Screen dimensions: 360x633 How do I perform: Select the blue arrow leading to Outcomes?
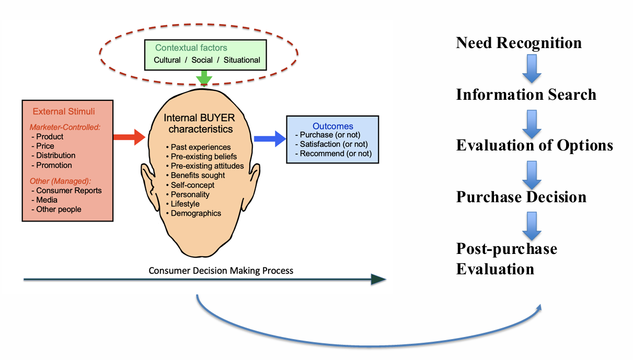click(269, 138)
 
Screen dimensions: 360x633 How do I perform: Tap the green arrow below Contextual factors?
click(204, 77)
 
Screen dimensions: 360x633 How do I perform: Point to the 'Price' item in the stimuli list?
click(45, 146)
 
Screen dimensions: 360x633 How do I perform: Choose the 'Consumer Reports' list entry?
click(68, 190)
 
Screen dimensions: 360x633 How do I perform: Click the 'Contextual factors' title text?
click(191, 48)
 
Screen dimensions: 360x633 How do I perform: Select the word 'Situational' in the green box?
click(241, 60)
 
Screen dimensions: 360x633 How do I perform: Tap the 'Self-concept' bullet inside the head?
click(192, 185)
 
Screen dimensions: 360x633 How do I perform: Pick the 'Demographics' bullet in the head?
click(195, 213)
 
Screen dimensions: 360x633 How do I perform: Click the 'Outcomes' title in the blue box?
click(332, 126)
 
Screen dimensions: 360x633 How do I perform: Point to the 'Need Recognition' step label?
click(519, 43)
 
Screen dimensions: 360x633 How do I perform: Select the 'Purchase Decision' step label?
click(521, 197)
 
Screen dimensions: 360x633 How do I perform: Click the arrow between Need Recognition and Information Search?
click(532, 68)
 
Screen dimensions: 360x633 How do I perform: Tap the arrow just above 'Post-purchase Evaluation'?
click(532, 225)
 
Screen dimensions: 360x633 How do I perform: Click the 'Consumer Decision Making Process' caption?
click(221, 271)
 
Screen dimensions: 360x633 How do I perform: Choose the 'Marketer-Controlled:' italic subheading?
click(56, 127)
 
